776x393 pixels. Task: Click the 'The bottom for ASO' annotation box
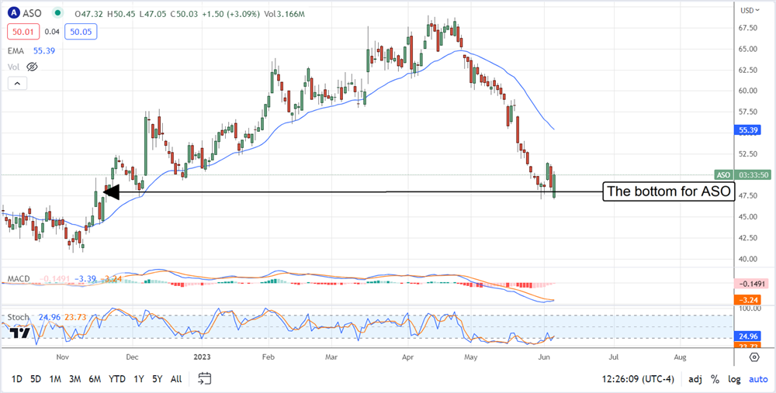tap(669, 191)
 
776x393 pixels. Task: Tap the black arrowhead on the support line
tap(110, 191)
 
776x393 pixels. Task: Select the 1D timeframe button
tap(17, 378)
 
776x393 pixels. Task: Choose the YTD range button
tap(117, 378)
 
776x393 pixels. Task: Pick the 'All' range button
tap(176, 378)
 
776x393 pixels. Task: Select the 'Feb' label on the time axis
tap(268, 357)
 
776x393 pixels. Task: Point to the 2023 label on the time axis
tap(200, 357)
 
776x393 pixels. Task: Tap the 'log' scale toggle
tap(733, 379)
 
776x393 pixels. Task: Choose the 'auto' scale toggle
tap(757, 379)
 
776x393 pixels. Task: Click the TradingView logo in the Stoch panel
tap(21, 333)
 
